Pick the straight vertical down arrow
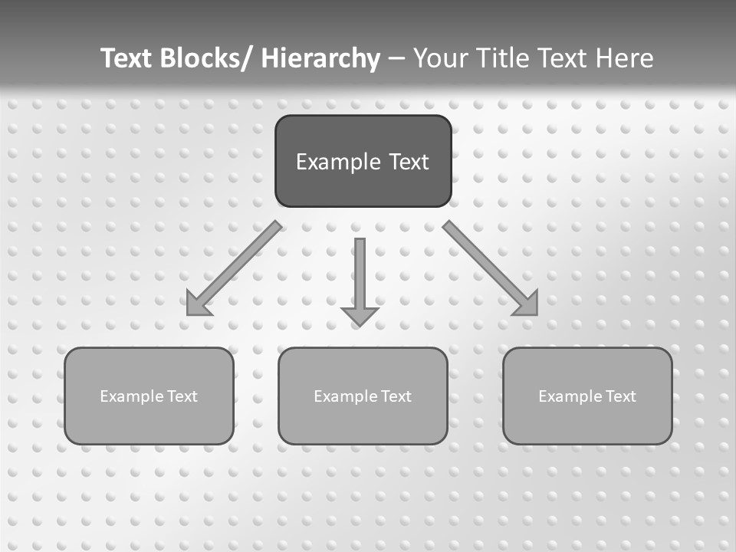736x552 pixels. pos(360,276)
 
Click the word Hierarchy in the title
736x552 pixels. pos(320,58)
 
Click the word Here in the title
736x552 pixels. pos(624,58)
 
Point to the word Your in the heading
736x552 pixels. pos(441,58)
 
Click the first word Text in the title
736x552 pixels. pos(126,58)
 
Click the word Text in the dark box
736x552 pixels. pos(408,162)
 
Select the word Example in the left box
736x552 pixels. pos(132,396)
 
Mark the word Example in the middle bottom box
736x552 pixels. pos(346,396)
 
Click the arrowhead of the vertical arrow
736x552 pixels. pos(360,315)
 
